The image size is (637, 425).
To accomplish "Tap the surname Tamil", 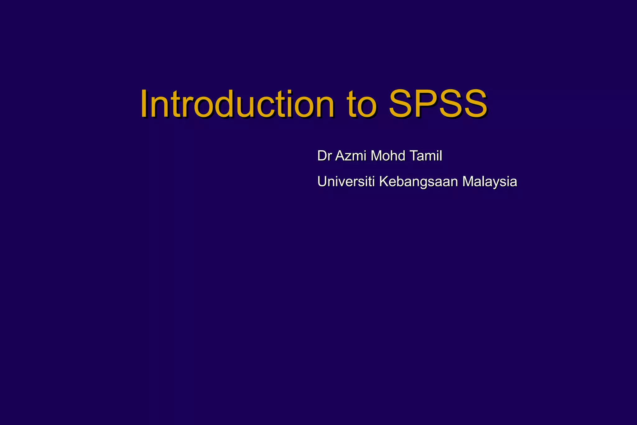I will click(425, 156).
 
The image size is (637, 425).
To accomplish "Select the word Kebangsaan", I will click(418, 182).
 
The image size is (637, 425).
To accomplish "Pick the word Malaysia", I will click(490, 182).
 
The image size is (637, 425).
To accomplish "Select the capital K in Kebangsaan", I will click(384, 181).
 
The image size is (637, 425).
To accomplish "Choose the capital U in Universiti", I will click(322, 181).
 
